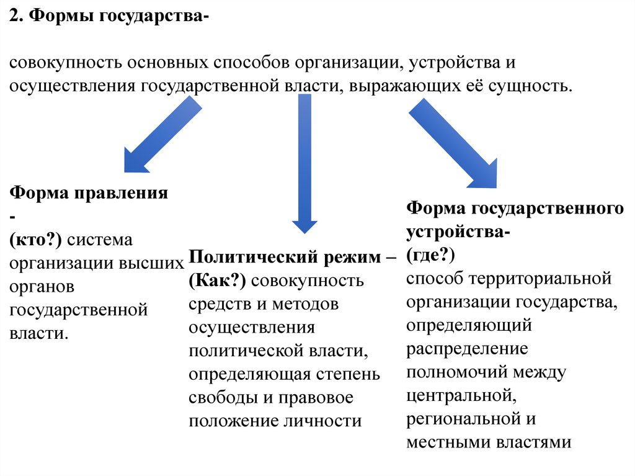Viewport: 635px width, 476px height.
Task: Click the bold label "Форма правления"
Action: pyautogui.click(x=89, y=192)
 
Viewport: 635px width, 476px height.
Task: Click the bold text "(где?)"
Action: pyautogui.click(x=432, y=254)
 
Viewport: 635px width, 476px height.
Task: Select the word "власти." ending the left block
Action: pyautogui.click(x=38, y=333)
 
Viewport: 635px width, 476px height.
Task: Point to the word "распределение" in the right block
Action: pyautogui.click(x=468, y=349)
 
